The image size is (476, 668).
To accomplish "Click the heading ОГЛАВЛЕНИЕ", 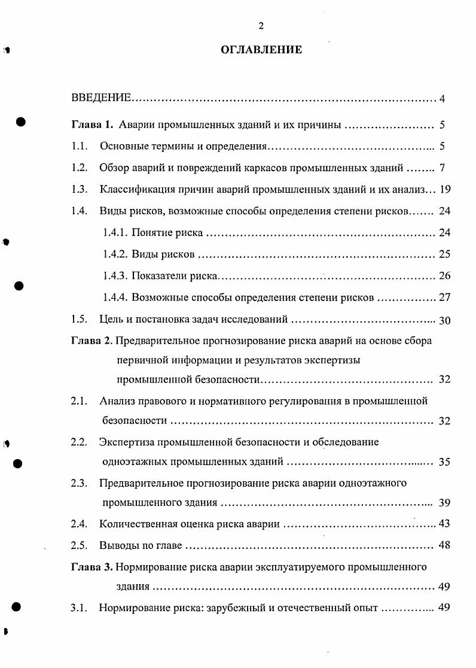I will pos(261,50).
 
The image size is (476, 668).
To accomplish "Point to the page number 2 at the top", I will pos(261,25).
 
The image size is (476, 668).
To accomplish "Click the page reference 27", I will pos(444,297).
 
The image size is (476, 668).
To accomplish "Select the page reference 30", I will pos(444,320).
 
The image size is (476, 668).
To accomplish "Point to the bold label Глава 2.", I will pos(91,341).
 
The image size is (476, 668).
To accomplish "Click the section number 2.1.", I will pos(79,400).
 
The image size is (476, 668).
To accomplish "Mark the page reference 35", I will pos(444,462).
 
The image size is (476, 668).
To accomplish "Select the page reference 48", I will pos(444,545).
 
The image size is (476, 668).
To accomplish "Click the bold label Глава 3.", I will pos(91,566).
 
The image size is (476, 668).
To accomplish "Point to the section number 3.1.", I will pos(79,608).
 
